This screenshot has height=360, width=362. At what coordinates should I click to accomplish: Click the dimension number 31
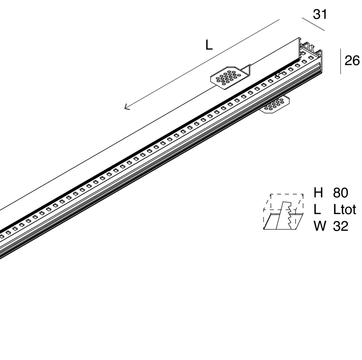click(x=320, y=14)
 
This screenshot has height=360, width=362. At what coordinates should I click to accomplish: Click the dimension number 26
click(x=352, y=61)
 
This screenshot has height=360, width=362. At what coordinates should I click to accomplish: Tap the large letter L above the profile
click(x=209, y=45)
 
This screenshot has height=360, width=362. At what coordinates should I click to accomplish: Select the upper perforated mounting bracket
click(x=229, y=77)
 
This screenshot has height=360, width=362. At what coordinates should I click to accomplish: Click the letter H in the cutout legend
click(x=319, y=193)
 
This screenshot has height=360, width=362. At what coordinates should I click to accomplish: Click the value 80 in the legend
click(x=341, y=193)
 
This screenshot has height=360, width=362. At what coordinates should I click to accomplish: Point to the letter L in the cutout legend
click(x=317, y=209)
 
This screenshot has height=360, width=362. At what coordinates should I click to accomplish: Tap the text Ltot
click(x=345, y=209)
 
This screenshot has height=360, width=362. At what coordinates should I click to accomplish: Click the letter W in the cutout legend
click(x=320, y=226)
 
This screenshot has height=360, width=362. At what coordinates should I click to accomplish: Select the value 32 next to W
click(x=341, y=226)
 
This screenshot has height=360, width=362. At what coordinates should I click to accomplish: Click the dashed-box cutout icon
click(x=284, y=211)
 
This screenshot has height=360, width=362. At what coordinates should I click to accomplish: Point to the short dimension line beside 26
click(x=341, y=61)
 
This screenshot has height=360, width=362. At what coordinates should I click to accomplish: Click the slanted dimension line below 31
click(x=313, y=24)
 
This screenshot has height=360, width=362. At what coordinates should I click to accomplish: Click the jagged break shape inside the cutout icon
click(x=285, y=214)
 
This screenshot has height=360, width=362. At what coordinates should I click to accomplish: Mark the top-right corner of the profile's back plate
click(x=300, y=38)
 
